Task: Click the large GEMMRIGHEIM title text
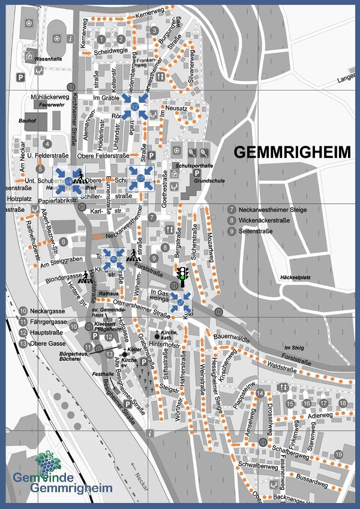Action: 291,152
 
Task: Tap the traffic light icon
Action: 182,277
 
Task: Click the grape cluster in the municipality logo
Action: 44,462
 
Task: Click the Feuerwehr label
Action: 51,105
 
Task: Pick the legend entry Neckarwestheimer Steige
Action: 267,210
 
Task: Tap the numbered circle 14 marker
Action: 260,393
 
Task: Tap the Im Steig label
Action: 295,348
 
